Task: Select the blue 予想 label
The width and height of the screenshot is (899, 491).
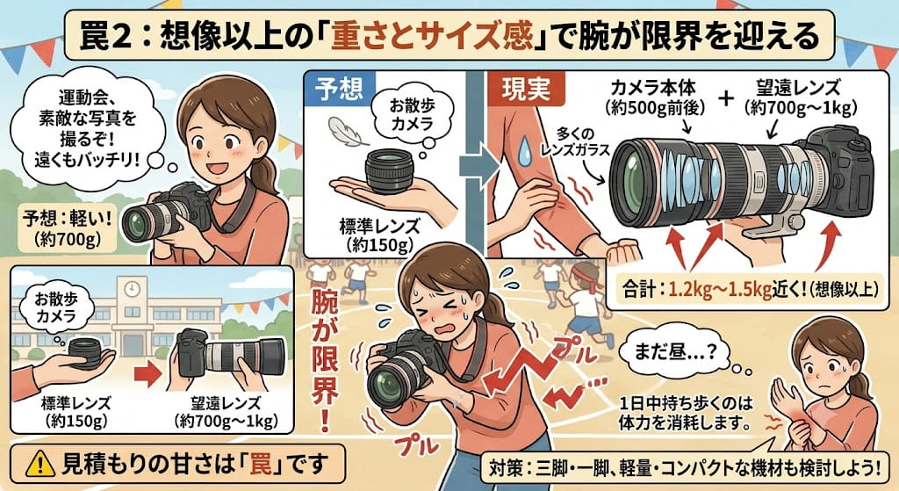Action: point(339,89)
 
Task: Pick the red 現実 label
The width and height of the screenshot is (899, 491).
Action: point(526,89)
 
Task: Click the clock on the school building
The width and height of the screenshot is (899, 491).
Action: point(132,287)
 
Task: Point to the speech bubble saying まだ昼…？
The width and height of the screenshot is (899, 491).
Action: point(678,354)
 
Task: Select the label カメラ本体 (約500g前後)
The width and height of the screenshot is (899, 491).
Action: point(654,97)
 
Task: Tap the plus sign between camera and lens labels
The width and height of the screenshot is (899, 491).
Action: point(726,97)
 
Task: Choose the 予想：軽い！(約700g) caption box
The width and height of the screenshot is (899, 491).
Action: point(67,228)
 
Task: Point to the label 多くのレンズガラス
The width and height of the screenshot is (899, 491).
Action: point(575,142)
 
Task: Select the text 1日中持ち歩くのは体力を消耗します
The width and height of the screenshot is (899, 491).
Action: point(685,413)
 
